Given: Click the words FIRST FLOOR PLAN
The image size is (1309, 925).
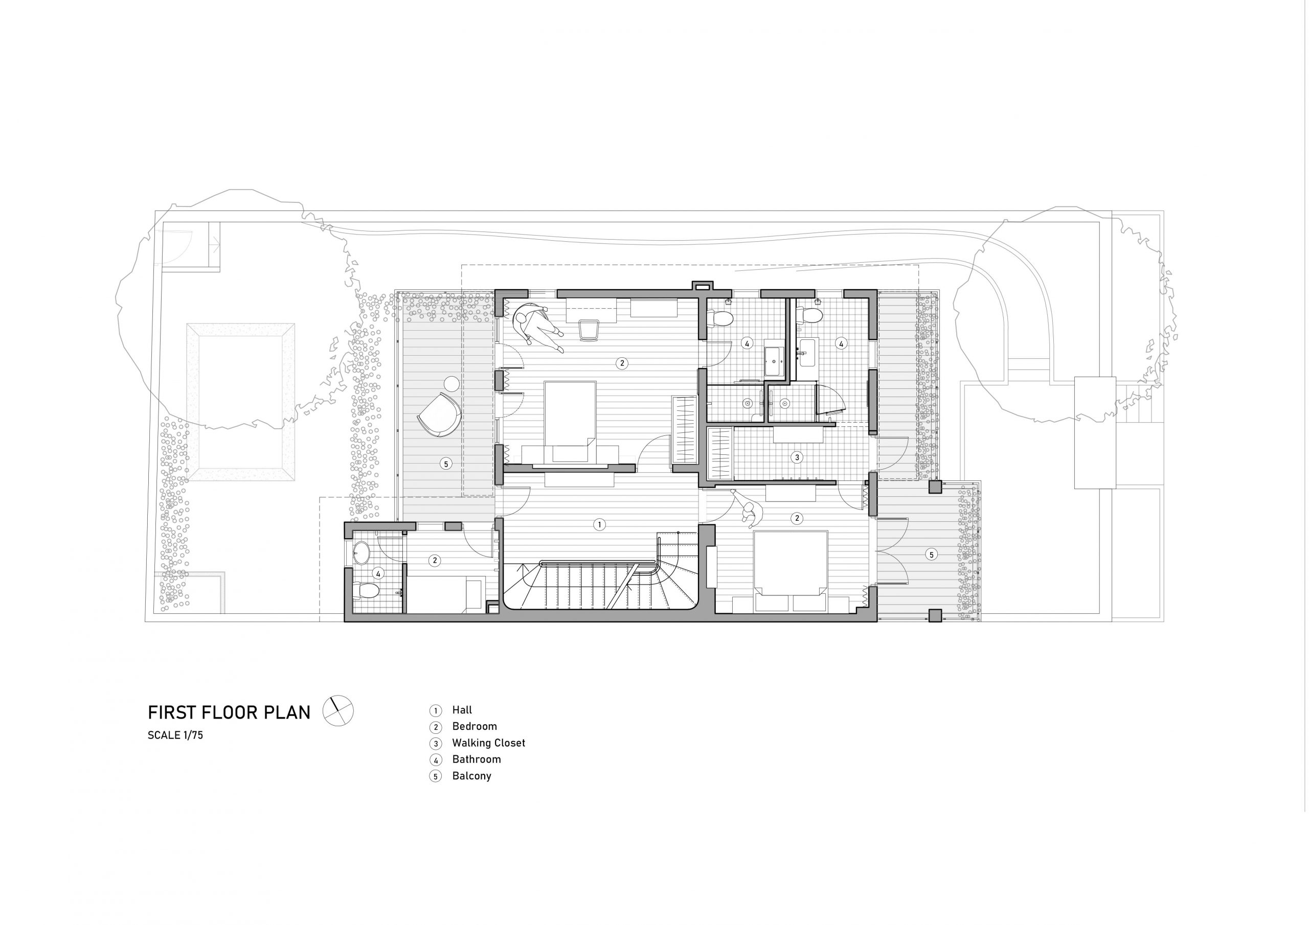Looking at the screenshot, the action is (229, 712).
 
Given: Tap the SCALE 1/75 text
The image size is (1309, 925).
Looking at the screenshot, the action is (175, 735).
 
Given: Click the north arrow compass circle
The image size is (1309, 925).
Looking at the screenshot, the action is (338, 711).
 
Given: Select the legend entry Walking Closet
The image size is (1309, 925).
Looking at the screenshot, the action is (489, 743).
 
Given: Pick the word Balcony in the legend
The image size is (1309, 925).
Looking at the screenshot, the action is (471, 776).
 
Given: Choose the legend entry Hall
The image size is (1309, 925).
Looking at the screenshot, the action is (462, 710).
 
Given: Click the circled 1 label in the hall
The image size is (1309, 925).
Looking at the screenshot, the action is (599, 524).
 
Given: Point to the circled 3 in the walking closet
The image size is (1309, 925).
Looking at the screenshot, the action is (798, 457).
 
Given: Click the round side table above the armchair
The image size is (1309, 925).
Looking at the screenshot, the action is (452, 384).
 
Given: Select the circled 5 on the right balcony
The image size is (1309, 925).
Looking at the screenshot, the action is (931, 554).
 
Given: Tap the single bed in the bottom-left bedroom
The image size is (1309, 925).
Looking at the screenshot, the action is (445, 595).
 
